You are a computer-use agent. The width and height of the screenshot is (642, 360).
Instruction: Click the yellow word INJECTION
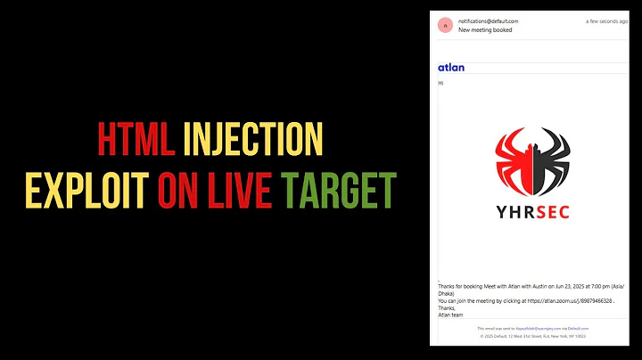[x=252, y=141]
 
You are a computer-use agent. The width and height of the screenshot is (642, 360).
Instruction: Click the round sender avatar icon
[x=445, y=25]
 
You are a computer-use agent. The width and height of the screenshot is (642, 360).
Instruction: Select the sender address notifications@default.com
[x=488, y=20]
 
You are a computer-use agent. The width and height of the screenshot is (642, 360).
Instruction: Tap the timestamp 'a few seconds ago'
[x=606, y=20]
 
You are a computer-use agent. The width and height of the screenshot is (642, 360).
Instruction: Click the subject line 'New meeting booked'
[x=485, y=29]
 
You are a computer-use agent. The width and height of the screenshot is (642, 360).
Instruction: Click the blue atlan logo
[x=451, y=68]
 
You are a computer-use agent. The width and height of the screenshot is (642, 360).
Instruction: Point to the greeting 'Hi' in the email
[x=440, y=83]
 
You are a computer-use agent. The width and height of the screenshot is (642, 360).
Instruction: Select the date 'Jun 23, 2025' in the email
[x=550, y=285]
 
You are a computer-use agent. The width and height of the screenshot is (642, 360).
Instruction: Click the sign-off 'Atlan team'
[x=452, y=315]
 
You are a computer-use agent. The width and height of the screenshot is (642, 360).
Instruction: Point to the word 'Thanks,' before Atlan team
[x=447, y=307]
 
